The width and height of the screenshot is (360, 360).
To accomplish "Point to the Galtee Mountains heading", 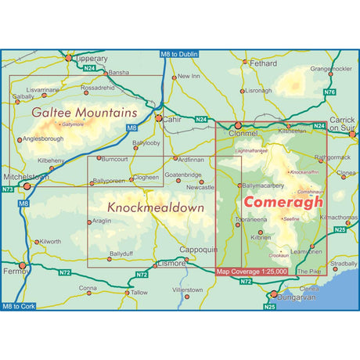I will coord(84,113).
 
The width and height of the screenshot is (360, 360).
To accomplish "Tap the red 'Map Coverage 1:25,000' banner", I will coord(251,272).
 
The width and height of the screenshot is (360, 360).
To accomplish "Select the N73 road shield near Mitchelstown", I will coord(8,189).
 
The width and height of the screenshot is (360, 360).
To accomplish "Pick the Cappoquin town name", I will coord(196,249).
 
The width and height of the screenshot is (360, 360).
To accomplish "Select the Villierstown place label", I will coord(187,290).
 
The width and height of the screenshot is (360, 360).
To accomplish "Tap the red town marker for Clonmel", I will coord(238,124).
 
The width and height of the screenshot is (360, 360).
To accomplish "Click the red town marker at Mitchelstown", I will coord(26,187).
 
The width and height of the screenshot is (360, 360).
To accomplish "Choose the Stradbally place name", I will coord(343,264).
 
